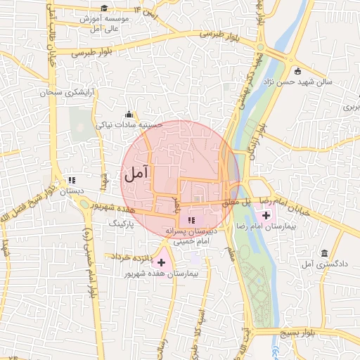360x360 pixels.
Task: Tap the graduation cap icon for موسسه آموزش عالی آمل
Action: [x=104, y=8]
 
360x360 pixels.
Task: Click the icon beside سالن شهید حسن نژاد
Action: [x=297, y=71]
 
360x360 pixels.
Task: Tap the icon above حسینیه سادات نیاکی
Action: [x=129, y=115]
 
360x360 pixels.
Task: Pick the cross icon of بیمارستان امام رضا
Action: [x=265, y=213]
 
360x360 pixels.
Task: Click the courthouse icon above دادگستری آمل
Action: [x=324, y=253]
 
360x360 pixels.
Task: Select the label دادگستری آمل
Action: [x=317, y=264]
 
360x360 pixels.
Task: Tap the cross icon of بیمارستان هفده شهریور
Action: [x=162, y=262]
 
